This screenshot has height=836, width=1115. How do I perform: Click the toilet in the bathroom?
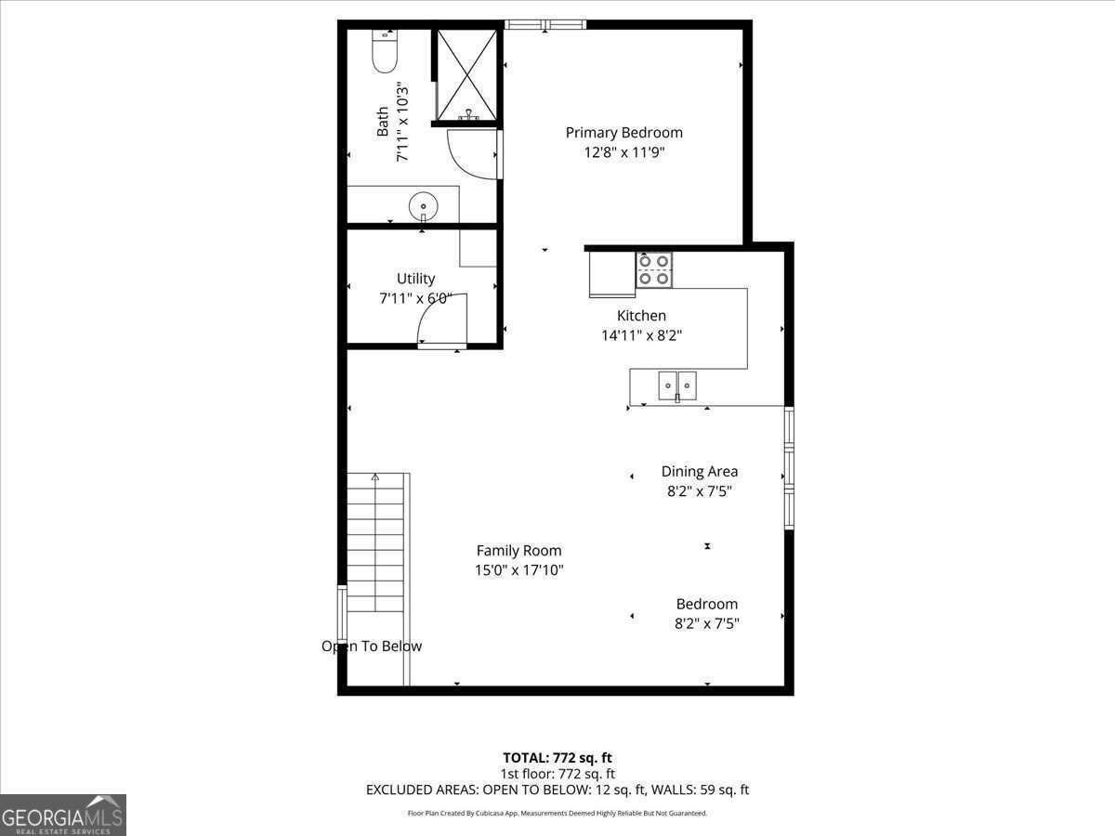coord(384,51)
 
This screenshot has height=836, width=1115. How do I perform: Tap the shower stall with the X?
coord(467,75)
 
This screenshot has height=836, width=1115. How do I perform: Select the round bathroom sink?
coord(423,205)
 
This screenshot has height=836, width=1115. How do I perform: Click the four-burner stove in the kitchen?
coord(654,269)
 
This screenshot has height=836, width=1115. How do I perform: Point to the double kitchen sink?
coord(677,385)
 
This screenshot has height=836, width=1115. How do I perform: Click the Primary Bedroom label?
coord(623,133)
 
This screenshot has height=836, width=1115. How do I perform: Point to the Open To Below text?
coord(372,647)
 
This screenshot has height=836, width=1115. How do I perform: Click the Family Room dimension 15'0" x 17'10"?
coord(518,570)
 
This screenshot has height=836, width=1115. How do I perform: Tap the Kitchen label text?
coord(641,316)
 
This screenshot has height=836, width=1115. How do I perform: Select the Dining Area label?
coord(699,472)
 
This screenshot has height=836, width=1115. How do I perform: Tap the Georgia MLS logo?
coord(62,815)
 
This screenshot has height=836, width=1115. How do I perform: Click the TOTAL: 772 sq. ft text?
coord(557,757)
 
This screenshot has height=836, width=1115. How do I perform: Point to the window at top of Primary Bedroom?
coord(545,24)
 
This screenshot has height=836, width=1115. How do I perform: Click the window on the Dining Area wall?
coord(789,467)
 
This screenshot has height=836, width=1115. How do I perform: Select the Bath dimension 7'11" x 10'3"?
coord(403,123)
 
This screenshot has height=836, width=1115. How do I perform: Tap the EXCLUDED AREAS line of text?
coord(557,790)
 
